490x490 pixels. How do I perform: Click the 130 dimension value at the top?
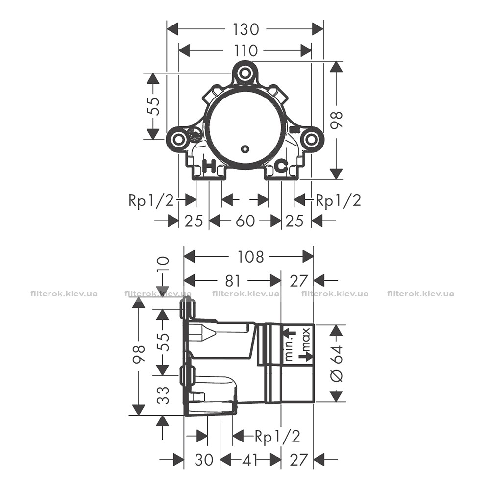click(x=245, y=29)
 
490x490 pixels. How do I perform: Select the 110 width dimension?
click(x=245, y=50)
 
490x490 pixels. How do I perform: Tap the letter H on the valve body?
click(x=210, y=166)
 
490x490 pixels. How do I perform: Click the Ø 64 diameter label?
click(x=337, y=363)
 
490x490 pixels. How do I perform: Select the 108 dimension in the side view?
click(x=251, y=257)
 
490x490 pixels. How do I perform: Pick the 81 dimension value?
click(x=233, y=280)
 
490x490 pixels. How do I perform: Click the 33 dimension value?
click(x=163, y=395)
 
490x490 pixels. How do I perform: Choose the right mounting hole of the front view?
click(x=311, y=139)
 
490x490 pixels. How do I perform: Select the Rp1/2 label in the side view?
click(x=277, y=436)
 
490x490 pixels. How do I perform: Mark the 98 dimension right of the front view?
click(x=337, y=121)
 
